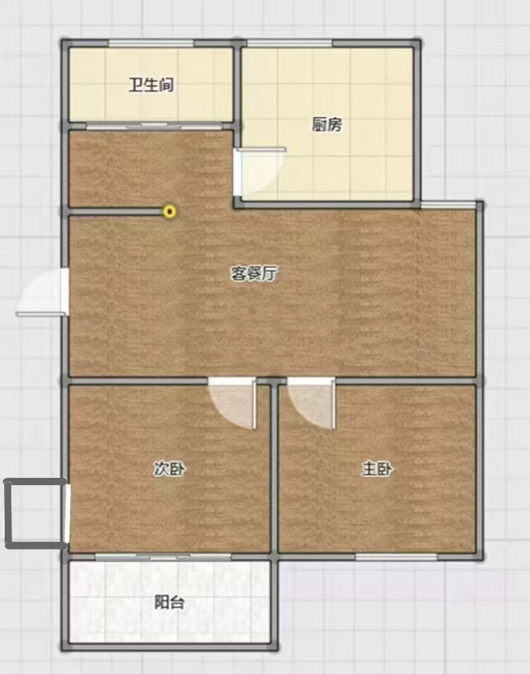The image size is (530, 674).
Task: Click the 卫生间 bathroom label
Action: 151,85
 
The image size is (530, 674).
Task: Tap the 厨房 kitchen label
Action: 327,124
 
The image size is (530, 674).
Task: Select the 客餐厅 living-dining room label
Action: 253,273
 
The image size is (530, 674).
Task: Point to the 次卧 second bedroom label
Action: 169,469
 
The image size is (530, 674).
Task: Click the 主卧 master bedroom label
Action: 377,469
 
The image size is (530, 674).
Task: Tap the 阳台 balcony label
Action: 169,602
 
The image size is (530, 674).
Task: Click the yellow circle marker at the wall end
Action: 170,211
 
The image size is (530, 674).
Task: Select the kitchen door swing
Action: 259,172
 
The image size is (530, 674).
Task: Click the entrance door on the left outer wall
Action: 42,292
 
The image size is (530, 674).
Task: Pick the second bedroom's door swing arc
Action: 232,403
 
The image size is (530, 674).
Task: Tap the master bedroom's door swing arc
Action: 311,403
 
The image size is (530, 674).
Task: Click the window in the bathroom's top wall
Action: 151,43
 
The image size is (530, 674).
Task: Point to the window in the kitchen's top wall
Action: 290,43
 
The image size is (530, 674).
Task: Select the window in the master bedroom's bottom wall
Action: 396,557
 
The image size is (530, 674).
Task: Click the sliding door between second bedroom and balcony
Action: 163,557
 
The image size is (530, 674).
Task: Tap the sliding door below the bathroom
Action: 155,126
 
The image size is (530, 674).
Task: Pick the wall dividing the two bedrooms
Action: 274,469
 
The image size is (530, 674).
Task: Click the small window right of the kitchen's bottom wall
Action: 448,205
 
